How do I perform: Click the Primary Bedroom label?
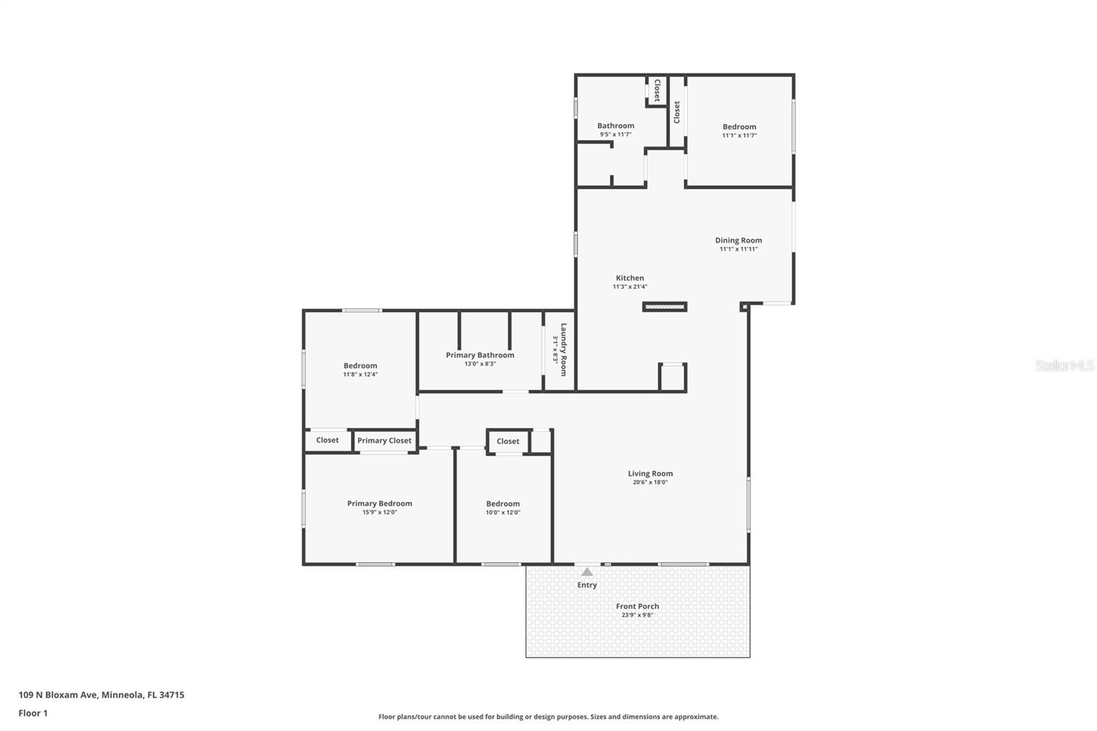[379, 503]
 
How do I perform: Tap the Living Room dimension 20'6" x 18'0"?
[650, 482]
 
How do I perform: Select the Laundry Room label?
[564, 350]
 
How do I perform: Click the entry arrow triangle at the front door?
[587, 571]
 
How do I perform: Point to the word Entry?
[587, 585]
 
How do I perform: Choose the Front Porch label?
[637, 606]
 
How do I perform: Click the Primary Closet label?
[384, 441]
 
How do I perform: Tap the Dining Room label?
[738, 240]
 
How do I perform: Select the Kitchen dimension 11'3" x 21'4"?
[629, 287]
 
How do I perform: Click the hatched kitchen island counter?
[664, 307]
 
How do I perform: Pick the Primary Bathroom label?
[480, 355]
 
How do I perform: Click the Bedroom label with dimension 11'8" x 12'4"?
[360, 365]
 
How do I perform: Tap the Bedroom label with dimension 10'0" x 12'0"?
[503, 503]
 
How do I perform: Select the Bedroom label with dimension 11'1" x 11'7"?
[739, 126]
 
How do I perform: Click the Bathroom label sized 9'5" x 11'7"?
[615, 125]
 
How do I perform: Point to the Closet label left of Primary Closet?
[327, 440]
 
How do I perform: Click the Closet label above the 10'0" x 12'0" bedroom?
[508, 442]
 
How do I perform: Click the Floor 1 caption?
[33, 713]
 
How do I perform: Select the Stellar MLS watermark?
[1064, 365]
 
